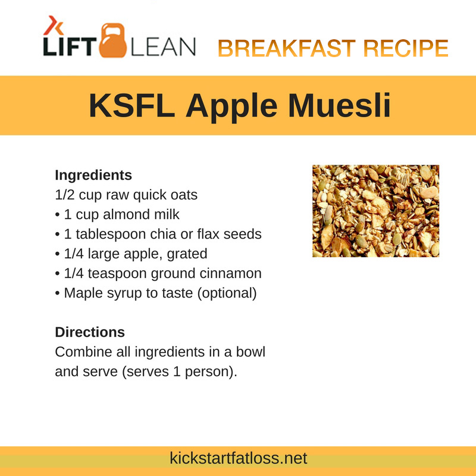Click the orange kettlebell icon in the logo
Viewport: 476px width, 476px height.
pos(113,40)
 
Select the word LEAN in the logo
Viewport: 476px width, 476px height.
pos(163,47)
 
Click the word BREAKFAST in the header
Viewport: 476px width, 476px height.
pos(287,48)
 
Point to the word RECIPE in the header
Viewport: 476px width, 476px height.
pos(406,48)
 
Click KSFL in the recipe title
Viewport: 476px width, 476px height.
pos(132,105)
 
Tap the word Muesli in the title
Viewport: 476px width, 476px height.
pos(339,105)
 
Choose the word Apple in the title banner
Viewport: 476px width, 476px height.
pos(231,107)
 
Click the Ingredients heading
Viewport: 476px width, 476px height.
pos(93,175)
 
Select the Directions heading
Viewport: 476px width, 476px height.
pos(90,332)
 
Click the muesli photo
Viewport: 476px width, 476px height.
pos(375,211)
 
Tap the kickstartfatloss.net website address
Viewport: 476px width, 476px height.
pos(239,458)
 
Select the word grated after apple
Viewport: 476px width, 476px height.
pos(187,254)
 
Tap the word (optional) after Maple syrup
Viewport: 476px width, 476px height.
pos(227,293)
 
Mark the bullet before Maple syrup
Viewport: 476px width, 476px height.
pos(57,294)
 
